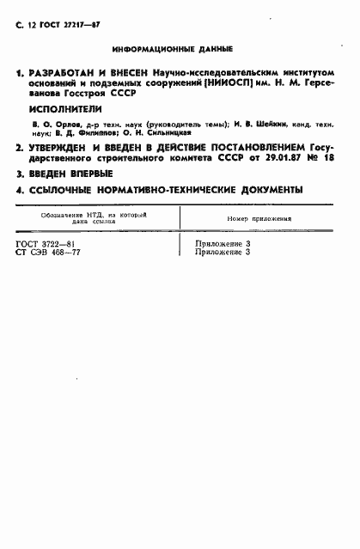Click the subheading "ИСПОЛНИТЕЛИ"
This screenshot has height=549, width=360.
64,110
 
